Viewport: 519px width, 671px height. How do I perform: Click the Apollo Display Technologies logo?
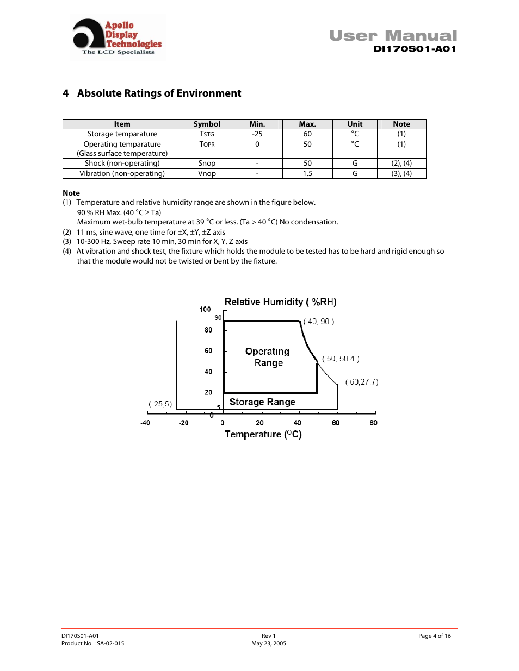pyautogui.click(x=118, y=37)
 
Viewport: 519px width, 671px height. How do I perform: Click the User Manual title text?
pyautogui.click(x=393, y=36)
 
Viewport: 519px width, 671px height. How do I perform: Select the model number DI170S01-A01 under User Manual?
pyautogui.click(x=415, y=49)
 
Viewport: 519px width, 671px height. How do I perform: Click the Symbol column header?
pyautogui.click(x=207, y=124)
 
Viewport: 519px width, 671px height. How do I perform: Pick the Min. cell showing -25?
pyautogui.click(x=257, y=134)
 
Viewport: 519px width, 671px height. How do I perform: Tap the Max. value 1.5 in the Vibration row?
pyautogui.click(x=307, y=173)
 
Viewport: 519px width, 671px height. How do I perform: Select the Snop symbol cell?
pyautogui.click(x=207, y=163)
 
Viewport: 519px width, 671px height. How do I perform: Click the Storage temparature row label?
pyautogui.click(x=122, y=134)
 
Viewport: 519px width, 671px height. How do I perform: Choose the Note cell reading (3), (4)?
pyautogui.click(x=401, y=173)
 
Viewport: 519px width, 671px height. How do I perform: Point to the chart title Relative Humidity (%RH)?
pyautogui.click(x=280, y=302)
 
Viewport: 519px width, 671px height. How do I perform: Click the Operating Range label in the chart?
pyautogui.click(x=268, y=357)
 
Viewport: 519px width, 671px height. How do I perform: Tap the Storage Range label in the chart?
pyautogui.click(x=262, y=402)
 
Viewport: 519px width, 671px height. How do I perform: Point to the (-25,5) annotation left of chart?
pyautogui.click(x=160, y=404)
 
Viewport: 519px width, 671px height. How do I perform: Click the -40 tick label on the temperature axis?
pyautogui.click(x=145, y=423)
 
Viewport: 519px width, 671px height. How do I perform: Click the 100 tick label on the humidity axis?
pyautogui.click(x=205, y=309)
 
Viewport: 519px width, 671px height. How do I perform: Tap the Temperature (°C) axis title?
pyautogui.click(x=263, y=434)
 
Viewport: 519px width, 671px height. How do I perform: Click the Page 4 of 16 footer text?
pyautogui.click(x=434, y=636)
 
